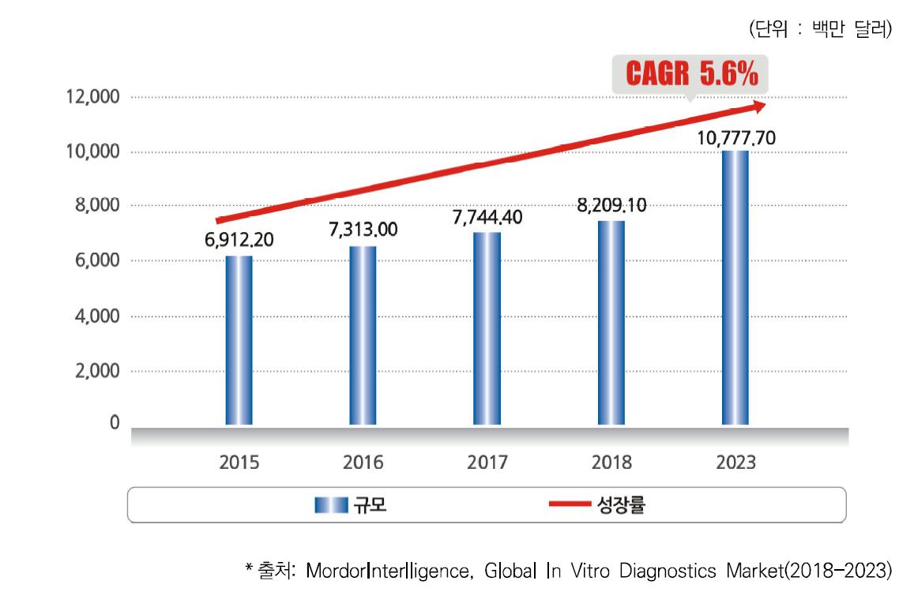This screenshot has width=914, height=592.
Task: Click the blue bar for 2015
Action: click(x=239, y=340)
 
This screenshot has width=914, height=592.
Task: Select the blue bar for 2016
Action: click(x=363, y=335)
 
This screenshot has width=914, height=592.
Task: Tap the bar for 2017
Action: click(x=487, y=328)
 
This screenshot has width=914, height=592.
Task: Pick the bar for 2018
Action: click(x=611, y=323)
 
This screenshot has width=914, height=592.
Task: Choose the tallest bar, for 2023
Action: click(x=735, y=287)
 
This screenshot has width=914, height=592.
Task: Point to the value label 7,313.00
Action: click(x=363, y=230)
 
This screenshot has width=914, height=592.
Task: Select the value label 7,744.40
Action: click(x=487, y=216)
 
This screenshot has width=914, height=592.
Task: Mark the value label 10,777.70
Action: click(x=736, y=138)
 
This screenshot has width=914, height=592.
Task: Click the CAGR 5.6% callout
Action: click(x=691, y=75)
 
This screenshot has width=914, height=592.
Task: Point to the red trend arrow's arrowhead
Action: click(x=759, y=105)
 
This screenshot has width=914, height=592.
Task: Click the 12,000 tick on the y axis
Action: click(x=93, y=97)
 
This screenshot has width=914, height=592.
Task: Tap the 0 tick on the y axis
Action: click(x=115, y=424)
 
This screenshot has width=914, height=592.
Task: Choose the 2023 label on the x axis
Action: click(x=735, y=463)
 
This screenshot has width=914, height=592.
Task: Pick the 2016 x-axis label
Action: click(x=363, y=463)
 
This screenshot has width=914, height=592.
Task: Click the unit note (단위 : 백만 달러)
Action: click(x=820, y=30)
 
